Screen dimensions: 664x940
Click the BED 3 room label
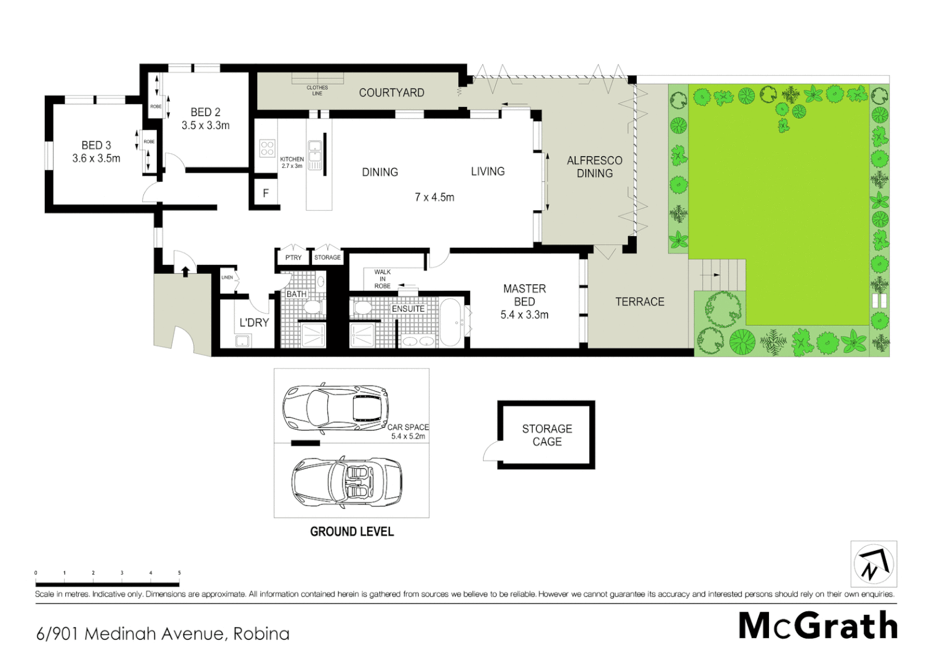(96, 146)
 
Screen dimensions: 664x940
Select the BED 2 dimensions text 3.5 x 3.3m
(205, 125)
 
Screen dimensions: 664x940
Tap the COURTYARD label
(391, 93)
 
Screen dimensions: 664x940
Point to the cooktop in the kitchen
(267, 148)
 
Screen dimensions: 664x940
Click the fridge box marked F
(266, 193)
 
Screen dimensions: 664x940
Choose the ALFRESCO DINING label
(594, 167)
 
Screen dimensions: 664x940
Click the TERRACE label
(640, 302)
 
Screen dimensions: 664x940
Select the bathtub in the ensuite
(453, 322)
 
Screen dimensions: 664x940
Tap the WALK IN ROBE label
(382, 279)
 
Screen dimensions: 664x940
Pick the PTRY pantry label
(293, 258)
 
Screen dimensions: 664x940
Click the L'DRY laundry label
(254, 322)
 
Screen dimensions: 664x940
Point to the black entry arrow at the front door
(185, 271)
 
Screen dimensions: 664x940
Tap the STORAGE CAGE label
(547, 435)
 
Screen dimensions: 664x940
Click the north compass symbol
(874, 564)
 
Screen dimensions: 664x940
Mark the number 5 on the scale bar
(179, 572)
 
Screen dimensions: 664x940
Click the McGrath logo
(818, 626)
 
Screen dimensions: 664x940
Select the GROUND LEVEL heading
(352, 532)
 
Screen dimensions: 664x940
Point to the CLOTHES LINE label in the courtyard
(317, 90)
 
